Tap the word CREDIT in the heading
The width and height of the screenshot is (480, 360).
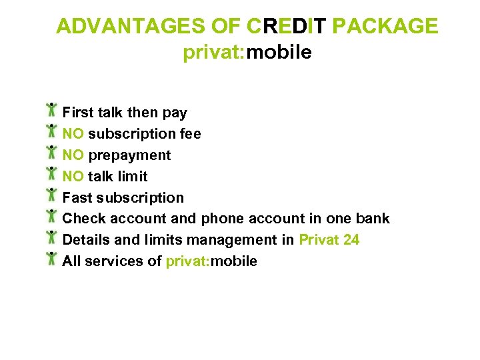pyautogui.click(x=287, y=26)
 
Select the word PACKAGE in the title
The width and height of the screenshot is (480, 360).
pyautogui.click(x=385, y=26)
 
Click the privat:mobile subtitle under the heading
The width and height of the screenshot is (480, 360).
pyautogui.click(x=247, y=52)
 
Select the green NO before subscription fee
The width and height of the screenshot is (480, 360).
pyautogui.click(x=73, y=134)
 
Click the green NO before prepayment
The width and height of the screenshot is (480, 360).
pyautogui.click(x=73, y=155)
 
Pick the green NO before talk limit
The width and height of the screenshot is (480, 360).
pyautogui.click(x=73, y=177)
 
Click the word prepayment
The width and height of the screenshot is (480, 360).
pyautogui.click(x=129, y=155)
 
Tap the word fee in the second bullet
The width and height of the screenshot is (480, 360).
pyautogui.click(x=190, y=134)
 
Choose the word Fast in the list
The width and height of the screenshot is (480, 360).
pyautogui.click(x=77, y=198)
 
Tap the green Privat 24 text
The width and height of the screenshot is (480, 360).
pyautogui.click(x=329, y=240)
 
